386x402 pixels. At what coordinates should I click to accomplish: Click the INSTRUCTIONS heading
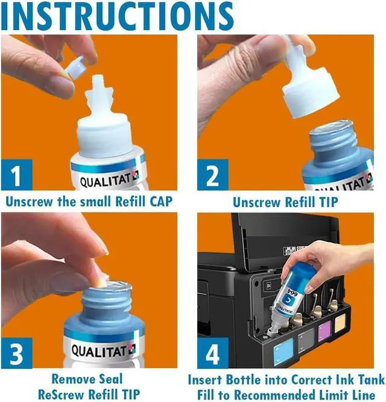coord(117,15)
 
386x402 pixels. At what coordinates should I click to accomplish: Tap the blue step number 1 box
coord(17,175)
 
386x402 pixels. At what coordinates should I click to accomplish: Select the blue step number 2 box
coord(212,175)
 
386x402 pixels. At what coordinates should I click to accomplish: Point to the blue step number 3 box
coord(17,353)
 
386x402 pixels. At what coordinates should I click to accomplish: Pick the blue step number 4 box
coord(212,353)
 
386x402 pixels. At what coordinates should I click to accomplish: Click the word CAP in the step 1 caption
coord(161,202)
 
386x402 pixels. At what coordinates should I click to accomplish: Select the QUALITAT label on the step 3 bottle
coord(103,351)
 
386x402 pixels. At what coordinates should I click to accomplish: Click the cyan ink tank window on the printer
coord(283,352)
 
